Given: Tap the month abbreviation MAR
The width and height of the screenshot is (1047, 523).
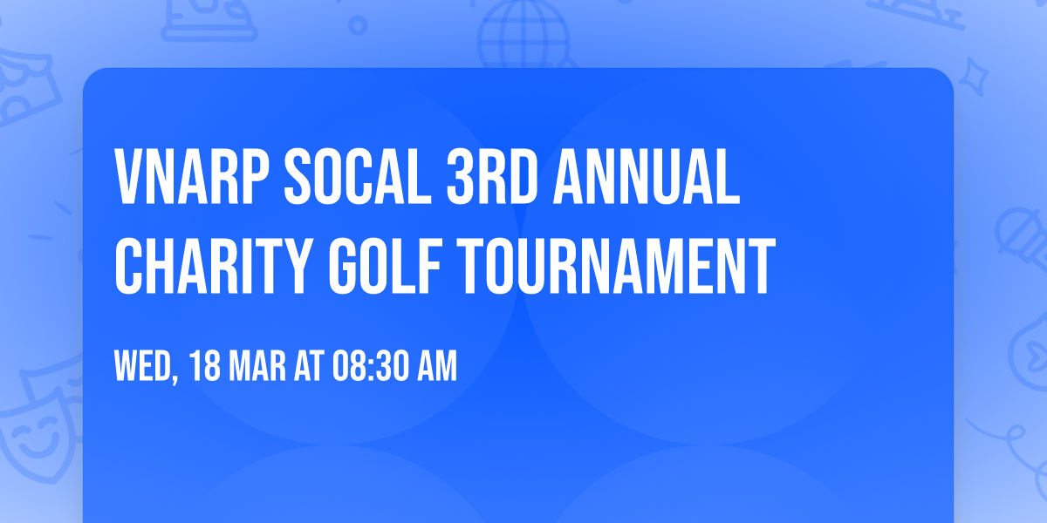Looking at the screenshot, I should [x=260, y=367].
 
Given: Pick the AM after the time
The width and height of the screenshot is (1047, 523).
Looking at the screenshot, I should [x=436, y=367].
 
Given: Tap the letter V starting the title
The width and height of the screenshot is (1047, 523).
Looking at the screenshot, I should [x=131, y=177].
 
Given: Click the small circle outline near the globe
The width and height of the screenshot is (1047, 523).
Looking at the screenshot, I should [x=358, y=26].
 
